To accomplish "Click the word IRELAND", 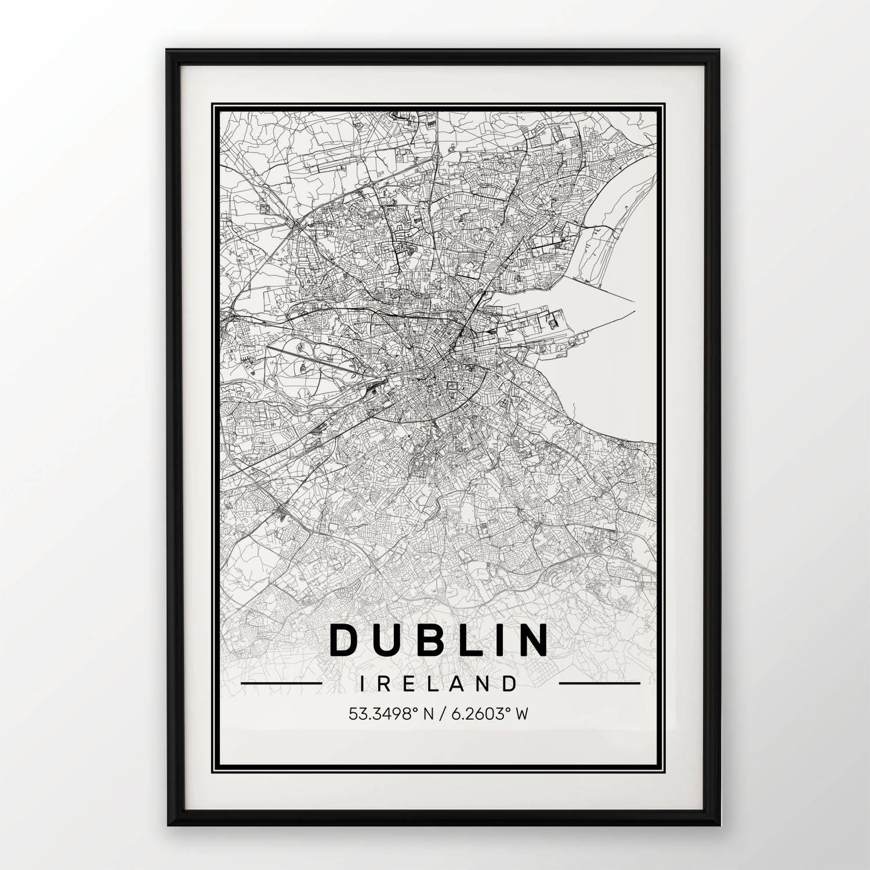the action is [438, 684].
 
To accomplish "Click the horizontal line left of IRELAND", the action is [281, 684].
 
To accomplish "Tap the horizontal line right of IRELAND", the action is [599, 684].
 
